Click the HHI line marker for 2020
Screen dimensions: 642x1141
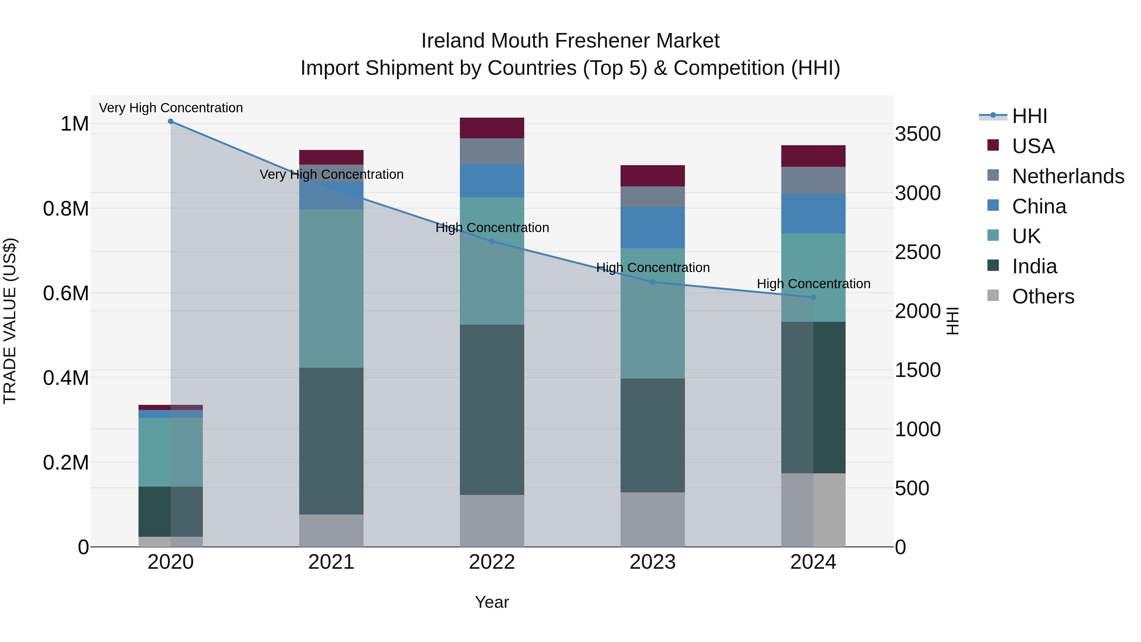171,121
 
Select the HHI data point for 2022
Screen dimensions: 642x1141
492,242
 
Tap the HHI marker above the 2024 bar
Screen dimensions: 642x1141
813,297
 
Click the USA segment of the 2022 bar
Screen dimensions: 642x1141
492,128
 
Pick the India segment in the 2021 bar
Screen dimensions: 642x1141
331,441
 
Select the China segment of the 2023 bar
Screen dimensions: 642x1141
653,228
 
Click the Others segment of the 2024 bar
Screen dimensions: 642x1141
813,509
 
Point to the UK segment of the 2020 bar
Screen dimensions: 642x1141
171,452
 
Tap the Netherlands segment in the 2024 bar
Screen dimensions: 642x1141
813,180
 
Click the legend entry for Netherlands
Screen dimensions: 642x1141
1068,176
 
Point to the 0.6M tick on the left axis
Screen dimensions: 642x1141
66,293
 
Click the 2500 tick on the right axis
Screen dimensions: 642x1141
918,252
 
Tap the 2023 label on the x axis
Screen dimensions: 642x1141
653,562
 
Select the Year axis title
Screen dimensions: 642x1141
492,602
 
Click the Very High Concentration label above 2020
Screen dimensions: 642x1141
171,108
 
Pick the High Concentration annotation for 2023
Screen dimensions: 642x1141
653,268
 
